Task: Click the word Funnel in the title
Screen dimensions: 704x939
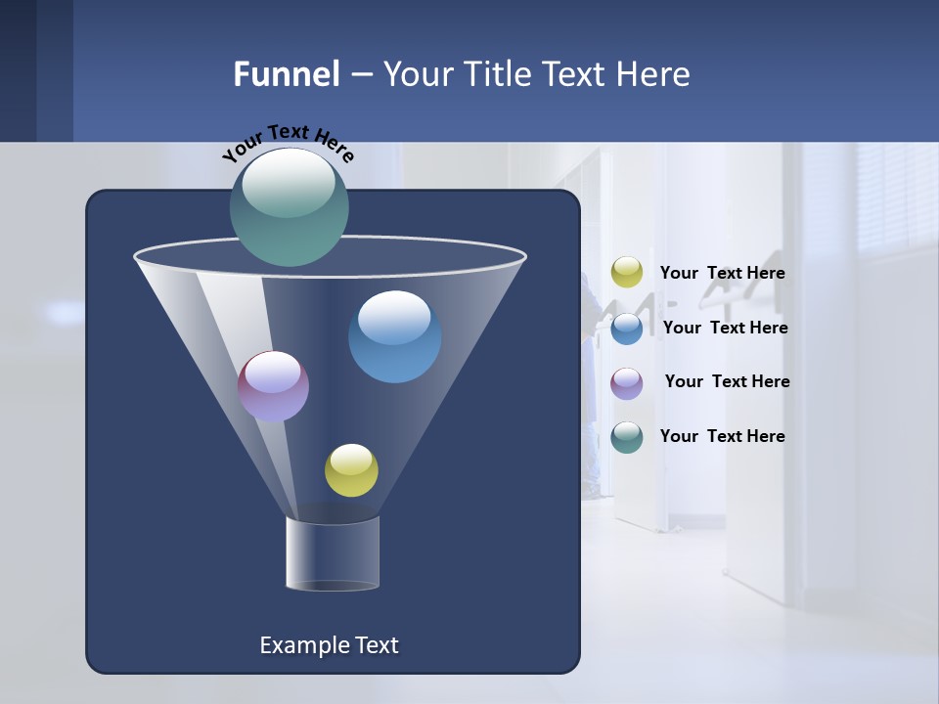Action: (286, 74)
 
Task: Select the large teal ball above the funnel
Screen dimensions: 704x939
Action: (289, 207)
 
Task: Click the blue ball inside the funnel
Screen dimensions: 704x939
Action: (395, 338)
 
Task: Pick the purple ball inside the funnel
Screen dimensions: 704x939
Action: (274, 386)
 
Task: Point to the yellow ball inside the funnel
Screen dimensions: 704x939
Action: (351, 470)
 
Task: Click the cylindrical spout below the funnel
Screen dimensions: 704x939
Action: (333, 553)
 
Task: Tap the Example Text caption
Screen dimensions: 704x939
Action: (330, 645)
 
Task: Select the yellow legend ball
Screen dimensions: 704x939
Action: (627, 273)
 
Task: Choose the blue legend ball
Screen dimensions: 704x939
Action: (627, 328)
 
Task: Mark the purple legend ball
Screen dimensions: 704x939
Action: (627, 382)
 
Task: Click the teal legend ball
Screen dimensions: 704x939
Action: (627, 437)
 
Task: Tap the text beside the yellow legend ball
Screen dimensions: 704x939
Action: (723, 274)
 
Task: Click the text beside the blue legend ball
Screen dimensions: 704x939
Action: (725, 328)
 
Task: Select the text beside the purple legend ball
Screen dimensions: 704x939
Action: (727, 381)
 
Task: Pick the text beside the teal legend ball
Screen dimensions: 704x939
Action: (723, 436)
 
